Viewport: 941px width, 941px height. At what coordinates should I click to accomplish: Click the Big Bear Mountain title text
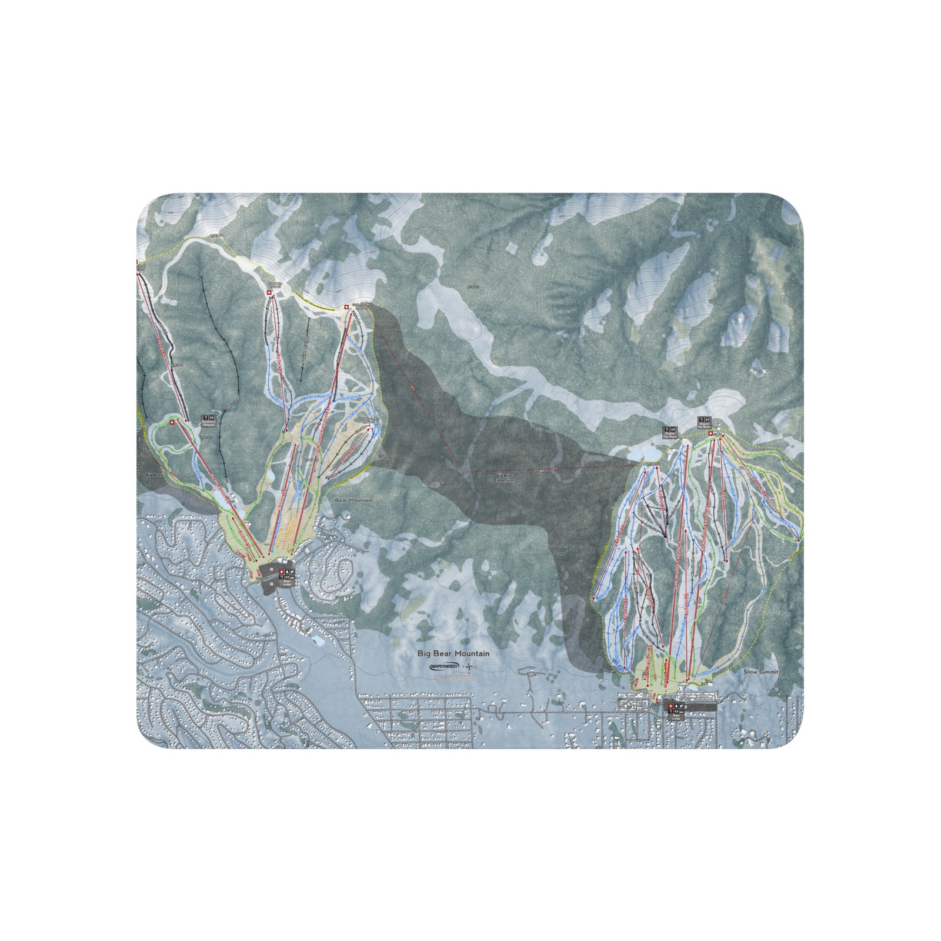[x=453, y=653]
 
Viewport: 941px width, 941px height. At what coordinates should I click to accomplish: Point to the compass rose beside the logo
[x=470, y=666]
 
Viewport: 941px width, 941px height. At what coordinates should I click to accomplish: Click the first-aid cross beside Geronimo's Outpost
[x=172, y=422]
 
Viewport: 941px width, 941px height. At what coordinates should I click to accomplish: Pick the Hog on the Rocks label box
[x=704, y=422]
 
